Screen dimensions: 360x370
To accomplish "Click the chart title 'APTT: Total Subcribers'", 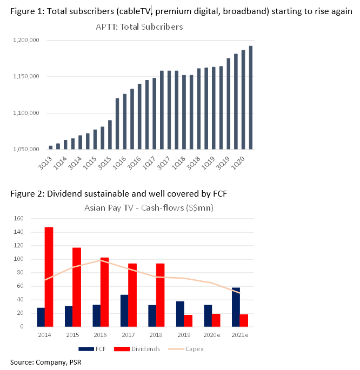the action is pyautogui.click(x=139, y=27).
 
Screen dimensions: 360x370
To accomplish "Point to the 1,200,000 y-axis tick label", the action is pyautogui.click(x=26, y=40).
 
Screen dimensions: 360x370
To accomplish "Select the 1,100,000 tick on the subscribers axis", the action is pyautogui.click(x=26, y=113).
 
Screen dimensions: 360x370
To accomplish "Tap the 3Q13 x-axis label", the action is pyautogui.click(x=45, y=163).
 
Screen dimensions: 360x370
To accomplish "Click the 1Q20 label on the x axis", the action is pyautogui.click(x=238, y=163).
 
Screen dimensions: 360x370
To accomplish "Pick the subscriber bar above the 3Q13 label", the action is pyautogui.click(x=50, y=147).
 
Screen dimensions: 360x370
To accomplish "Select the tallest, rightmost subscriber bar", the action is pyautogui.click(x=251, y=97).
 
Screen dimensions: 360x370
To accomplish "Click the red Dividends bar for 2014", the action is pyautogui.click(x=49, y=277).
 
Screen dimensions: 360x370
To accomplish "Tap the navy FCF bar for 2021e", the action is pyautogui.click(x=236, y=307).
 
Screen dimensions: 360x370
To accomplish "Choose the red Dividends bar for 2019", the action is pyautogui.click(x=188, y=321).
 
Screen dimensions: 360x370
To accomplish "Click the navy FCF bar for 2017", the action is pyautogui.click(x=124, y=311).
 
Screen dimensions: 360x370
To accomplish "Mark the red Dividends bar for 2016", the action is pyautogui.click(x=104, y=292).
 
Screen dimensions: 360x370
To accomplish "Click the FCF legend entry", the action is pyautogui.click(x=92, y=349).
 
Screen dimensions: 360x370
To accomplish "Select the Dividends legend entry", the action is pyautogui.click(x=137, y=349).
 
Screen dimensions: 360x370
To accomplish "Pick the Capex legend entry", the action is pyautogui.click(x=186, y=349).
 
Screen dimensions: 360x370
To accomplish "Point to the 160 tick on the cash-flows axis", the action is pyautogui.click(x=19, y=219).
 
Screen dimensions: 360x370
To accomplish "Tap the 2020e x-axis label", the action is pyautogui.click(x=212, y=335).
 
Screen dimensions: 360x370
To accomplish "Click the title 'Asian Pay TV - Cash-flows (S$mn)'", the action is pyautogui.click(x=149, y=208).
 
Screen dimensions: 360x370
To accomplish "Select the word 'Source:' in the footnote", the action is pyautogui.click(x=22, y=362).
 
